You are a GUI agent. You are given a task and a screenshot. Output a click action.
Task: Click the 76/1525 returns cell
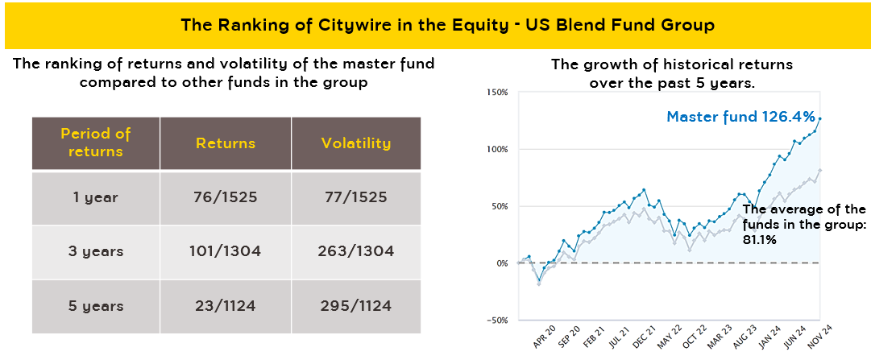pos(226,197)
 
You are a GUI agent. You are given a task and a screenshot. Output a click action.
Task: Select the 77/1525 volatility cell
pos(355,197)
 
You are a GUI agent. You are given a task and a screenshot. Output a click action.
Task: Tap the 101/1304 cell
pos(226,252)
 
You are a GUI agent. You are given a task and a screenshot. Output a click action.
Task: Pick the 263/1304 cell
pos(355,252)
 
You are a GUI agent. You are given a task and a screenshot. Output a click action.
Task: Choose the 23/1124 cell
pos(226,306)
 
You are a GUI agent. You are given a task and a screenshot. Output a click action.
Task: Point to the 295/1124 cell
pos(355,306)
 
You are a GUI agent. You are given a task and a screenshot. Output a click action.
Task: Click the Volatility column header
pos(355,143)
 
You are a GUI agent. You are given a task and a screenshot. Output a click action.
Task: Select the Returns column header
pos(226,143)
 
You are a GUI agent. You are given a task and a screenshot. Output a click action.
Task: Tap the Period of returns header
pos(95,143)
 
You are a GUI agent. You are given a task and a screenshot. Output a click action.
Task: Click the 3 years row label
pos(96,252)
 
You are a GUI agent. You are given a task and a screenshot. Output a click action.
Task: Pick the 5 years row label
pos(96,306)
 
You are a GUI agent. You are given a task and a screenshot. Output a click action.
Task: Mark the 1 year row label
pos(96,197)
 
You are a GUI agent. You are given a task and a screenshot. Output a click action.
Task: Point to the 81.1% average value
pos(759,239)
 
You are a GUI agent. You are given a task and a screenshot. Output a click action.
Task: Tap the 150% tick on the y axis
pos(497,93)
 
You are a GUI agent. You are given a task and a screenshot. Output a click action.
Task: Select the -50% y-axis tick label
pos(496,321)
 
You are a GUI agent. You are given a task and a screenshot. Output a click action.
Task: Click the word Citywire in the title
pos(339,25)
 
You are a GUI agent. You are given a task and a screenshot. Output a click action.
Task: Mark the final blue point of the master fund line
pos(819,119)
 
